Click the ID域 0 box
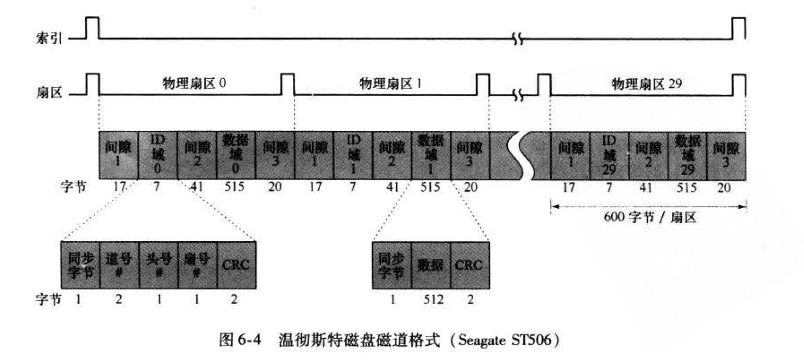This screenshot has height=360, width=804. [x=158, y=154]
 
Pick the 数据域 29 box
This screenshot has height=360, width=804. [x=687, y=154]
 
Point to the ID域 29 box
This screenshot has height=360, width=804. [x=609, y=154]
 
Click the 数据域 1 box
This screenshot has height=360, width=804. [x=431, y=154]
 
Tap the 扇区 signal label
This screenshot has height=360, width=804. [x=52, y=92]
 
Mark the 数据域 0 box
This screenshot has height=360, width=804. [x=236, y=154]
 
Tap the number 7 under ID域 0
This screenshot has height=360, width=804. [x=158, y=188]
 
